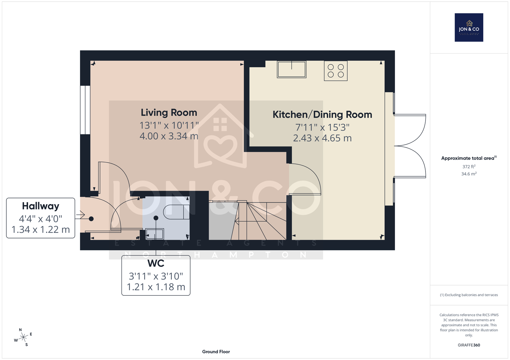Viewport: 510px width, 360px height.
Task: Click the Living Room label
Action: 169,113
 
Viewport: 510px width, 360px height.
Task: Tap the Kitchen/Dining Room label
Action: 322,115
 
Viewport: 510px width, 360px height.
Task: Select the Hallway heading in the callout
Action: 40,206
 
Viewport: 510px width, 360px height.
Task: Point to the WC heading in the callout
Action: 156,263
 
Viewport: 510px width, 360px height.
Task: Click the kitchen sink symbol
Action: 291,69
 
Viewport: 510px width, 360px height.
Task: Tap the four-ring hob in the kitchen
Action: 336,71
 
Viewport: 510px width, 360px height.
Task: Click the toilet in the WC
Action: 177,212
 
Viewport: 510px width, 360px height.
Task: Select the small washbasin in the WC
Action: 155,234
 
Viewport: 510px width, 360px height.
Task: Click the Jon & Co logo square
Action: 469,27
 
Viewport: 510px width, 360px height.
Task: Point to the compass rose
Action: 23,337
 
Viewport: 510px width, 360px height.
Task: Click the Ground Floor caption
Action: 216,352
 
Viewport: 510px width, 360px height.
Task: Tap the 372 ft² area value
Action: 469,166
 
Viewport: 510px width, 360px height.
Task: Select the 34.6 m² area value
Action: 469,174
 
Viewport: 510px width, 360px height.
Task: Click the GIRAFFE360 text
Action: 469,345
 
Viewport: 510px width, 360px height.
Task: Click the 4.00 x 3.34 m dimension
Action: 169,136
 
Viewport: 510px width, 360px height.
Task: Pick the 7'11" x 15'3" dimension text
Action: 322,127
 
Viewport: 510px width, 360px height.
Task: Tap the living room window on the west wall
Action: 85,110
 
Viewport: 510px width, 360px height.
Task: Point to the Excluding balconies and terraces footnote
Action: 469,295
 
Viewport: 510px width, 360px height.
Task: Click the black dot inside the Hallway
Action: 91,219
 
